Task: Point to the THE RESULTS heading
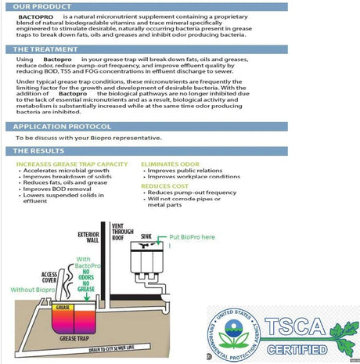click(37, 150)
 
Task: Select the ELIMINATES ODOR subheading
click(170, 164)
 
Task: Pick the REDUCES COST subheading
click(163, 186)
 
